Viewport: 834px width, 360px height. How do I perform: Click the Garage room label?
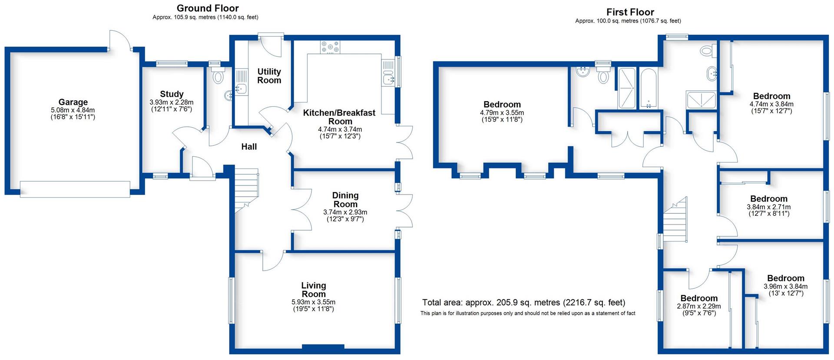coord(73,102)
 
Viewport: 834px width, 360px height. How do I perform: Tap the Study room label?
coord(172,94)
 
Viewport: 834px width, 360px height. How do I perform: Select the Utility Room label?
coord(269,76)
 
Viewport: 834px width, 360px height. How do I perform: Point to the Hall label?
coord(249,147)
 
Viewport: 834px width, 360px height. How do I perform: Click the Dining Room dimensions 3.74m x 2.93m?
coord(345,212)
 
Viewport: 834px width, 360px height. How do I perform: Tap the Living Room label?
coord(314,290)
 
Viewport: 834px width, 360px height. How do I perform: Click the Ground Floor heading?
coord(208,8)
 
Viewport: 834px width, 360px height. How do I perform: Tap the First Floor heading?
coord(630,12)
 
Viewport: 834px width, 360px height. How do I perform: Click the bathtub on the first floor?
coord(649,88)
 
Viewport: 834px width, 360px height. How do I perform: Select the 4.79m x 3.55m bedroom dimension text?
coord(502,112)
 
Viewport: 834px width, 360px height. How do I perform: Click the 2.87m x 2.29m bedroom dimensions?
coord(699,306)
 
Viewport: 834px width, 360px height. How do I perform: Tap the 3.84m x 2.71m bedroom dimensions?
coord(769,207)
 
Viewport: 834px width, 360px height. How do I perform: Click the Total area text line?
coord(524,303)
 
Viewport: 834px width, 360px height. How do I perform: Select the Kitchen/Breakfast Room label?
coord(339,117)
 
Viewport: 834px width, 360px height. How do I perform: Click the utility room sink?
coord(241,89)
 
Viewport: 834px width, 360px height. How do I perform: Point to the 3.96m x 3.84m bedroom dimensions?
coord(785,286)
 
